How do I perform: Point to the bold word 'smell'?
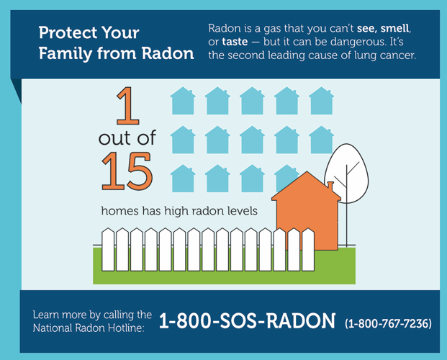(x=400, y=29)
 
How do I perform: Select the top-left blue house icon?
(x=183, y=102)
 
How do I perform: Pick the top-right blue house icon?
(x=321, y=102)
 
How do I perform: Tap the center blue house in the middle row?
(x=252, y=140)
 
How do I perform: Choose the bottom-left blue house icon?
(x=183, y=178)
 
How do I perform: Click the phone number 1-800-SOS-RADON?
(x=247, y=320)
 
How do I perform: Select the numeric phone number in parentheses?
(x=389, y=323)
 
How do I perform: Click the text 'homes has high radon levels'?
(x=179, y=211)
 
